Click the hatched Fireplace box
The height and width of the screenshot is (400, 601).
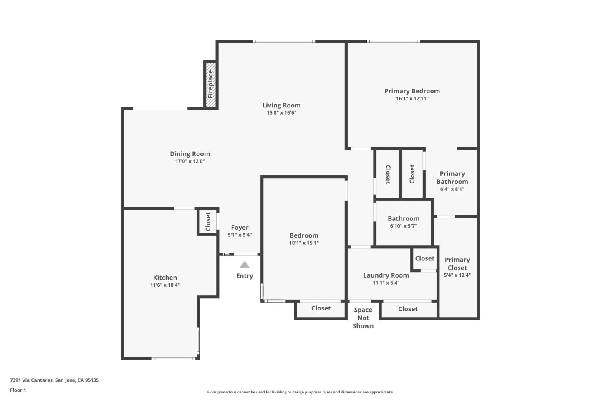click(x=211, y=85)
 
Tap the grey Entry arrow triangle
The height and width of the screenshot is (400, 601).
click(x=245, y=265)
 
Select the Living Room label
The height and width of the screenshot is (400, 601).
click(x=281, y=105)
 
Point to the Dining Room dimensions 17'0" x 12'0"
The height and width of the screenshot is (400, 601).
click(x=190, y=161)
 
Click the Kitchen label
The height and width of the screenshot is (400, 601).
click(x=165, y=277)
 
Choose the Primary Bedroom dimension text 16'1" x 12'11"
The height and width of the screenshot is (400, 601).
click(x=412, y=99)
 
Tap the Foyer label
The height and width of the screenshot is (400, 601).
click(x=240, y=227)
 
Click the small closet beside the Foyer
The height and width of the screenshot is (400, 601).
click(x=208, y=222)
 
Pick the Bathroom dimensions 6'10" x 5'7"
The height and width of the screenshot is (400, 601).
click(x=403, y=226)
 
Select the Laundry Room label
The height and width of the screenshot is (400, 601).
click(x=386, y=275)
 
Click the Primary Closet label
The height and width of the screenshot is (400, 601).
click(x=457, y=264)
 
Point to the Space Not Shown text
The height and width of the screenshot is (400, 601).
click(x=363, y=318)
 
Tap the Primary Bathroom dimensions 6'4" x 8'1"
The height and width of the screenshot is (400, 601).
click(x=452, y=189)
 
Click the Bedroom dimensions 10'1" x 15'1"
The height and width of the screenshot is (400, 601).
click(x=304, y=243)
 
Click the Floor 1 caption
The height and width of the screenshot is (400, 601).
click(x=18, y=390)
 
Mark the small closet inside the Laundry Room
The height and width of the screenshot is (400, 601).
click(x=424, y=259)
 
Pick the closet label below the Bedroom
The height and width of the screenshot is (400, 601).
click(x=321, y=308)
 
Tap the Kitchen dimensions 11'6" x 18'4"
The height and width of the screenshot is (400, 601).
click(x=165, y=285)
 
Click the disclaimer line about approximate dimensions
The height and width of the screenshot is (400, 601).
click(x=300, y=392)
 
